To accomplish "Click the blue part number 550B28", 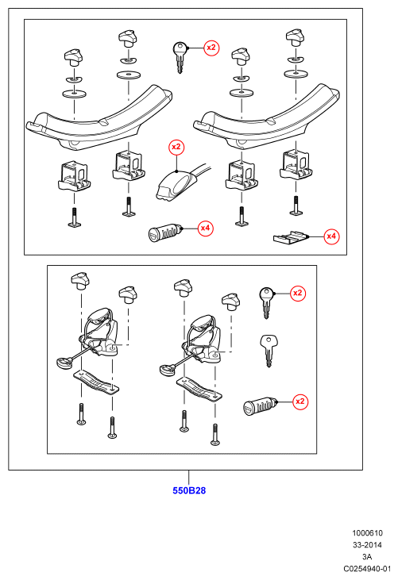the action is point(189,490).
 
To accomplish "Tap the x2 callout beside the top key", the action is point(211,48).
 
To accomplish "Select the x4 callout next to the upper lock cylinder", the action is point(205,229).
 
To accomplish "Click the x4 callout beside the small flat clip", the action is point(331,236).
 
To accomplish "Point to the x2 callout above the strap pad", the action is point(176,148).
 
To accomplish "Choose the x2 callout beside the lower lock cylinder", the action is point(299,401).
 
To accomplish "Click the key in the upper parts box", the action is point(180,57).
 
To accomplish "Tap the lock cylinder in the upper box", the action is point(164,233).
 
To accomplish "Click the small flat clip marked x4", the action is point(291,237).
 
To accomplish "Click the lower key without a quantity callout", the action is point(269,350).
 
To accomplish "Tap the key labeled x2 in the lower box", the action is point(267,302).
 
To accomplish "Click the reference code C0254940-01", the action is point(367,569).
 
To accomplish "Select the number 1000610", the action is point(367,533).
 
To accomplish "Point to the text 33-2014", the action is point(367,545).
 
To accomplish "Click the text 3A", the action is point(367,557).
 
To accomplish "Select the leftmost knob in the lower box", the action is point(80,279).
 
